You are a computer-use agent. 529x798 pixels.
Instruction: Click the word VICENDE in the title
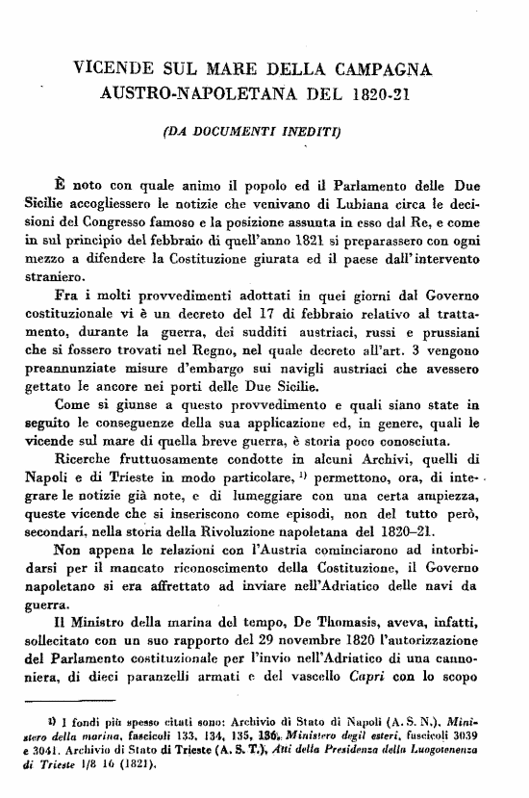(x=113, y=70)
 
